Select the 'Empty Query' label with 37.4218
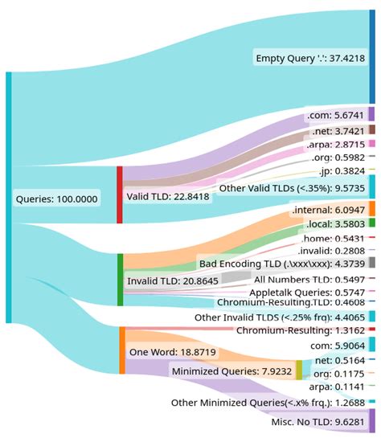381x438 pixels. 309,59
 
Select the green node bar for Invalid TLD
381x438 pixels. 120,280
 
